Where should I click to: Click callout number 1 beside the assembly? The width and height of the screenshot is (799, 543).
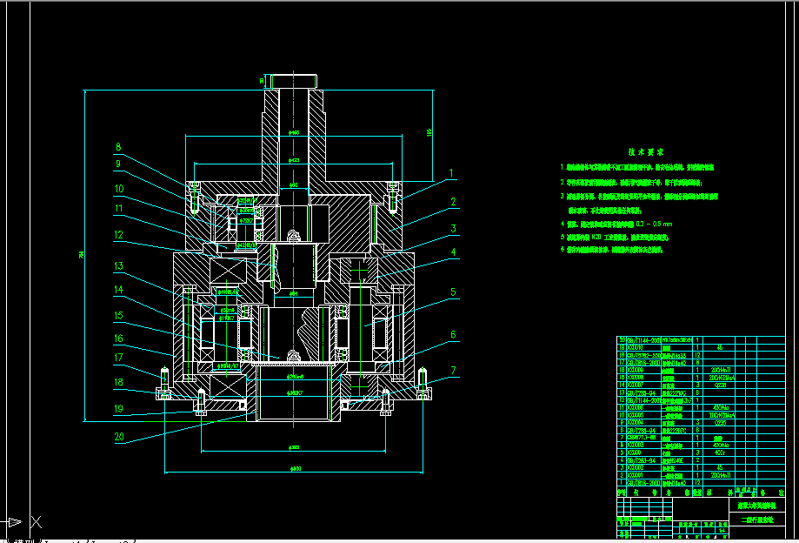click(452, 172)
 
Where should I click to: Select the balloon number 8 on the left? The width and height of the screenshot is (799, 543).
click(119, 148)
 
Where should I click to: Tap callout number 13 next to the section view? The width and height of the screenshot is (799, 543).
click(119, 266)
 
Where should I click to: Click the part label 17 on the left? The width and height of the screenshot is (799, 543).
click(119, 357)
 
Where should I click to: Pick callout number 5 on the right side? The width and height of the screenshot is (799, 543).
click(452, 293)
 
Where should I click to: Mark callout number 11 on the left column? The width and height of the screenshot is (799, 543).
click(119, 209)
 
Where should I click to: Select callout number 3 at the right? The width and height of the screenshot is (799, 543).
click(452, 229)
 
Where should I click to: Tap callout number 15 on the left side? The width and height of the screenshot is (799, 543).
click(119, 315)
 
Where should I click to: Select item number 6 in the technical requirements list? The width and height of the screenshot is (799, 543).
click(563, 249)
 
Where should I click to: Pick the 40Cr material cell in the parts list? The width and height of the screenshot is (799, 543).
click(718, 452)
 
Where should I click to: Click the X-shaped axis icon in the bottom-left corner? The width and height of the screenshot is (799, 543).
click(36, 522)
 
